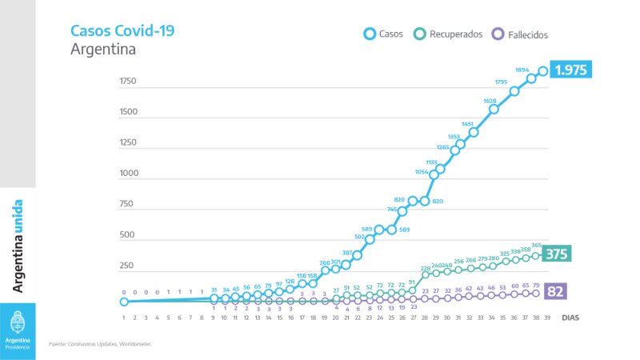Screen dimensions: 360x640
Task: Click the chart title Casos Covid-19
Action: [x=122, y=31]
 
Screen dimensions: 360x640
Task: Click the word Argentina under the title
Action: [x=103, y=50]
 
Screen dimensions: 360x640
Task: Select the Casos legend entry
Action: [x=382, y=34]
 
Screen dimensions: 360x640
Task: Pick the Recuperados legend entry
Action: [x=448, y=34]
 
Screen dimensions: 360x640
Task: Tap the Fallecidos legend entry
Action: [x=520, y=34]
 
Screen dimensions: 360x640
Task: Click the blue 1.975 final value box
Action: [x=571, y=70]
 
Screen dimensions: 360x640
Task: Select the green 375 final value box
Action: [x=556, y=254]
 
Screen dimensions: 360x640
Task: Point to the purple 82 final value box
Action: [x=555, y=292]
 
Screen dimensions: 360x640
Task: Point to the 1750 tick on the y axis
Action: [x=128, y=81]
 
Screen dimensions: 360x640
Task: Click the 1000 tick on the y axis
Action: [x=128, y=174]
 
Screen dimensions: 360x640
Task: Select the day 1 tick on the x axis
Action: [x=124, y=318]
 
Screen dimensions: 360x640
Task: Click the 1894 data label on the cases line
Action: [x=522, y=70]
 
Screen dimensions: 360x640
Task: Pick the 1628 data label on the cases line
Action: [x=490, y=101]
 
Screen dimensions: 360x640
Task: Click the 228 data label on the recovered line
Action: [x=426, y=269]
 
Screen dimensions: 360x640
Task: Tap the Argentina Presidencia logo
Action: [x=18, y=330]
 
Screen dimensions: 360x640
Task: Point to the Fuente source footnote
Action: [x=100, y=344]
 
